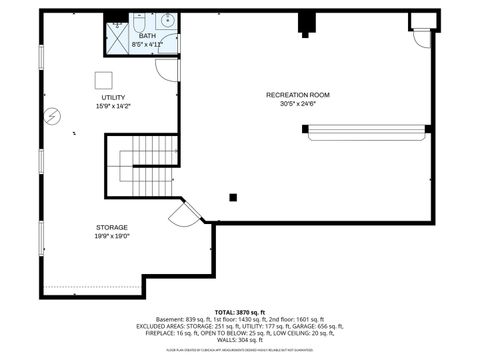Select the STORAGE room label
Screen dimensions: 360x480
pos(112,227)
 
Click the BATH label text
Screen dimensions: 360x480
pos(147,36)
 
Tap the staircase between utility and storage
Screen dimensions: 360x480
pos(150,154)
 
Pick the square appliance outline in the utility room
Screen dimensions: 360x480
pos(104,80)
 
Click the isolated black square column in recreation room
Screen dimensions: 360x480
pos(233,197)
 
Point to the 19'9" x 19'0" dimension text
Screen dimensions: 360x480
pos(112,237)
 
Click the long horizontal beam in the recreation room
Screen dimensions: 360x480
pos(366,128)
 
